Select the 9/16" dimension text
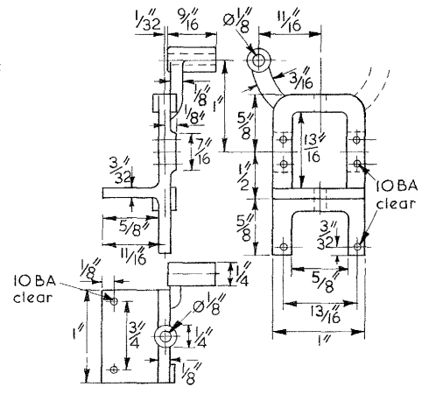point(189,19)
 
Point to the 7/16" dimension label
point(203,151)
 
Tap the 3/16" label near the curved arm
point(301,78)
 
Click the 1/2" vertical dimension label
point(244,176)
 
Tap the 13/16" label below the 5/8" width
point(327,313)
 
